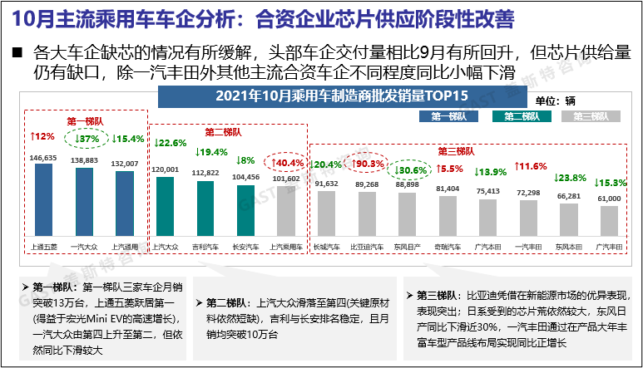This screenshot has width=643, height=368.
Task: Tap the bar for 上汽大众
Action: [166, 207]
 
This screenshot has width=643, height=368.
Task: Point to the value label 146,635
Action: [43, 157]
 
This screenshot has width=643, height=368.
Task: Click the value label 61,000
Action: [610, 199]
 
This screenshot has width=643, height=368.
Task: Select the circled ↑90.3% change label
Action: [368, 164]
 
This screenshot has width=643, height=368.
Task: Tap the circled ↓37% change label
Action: [85, 138]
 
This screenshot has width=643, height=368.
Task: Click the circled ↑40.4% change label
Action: [287, 163]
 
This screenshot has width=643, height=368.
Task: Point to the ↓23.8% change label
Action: [569, 178]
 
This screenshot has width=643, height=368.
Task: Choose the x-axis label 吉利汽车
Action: [205, 247]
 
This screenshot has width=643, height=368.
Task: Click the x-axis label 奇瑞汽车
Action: [448, 247]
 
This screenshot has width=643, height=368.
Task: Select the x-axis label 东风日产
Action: [407, 247]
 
